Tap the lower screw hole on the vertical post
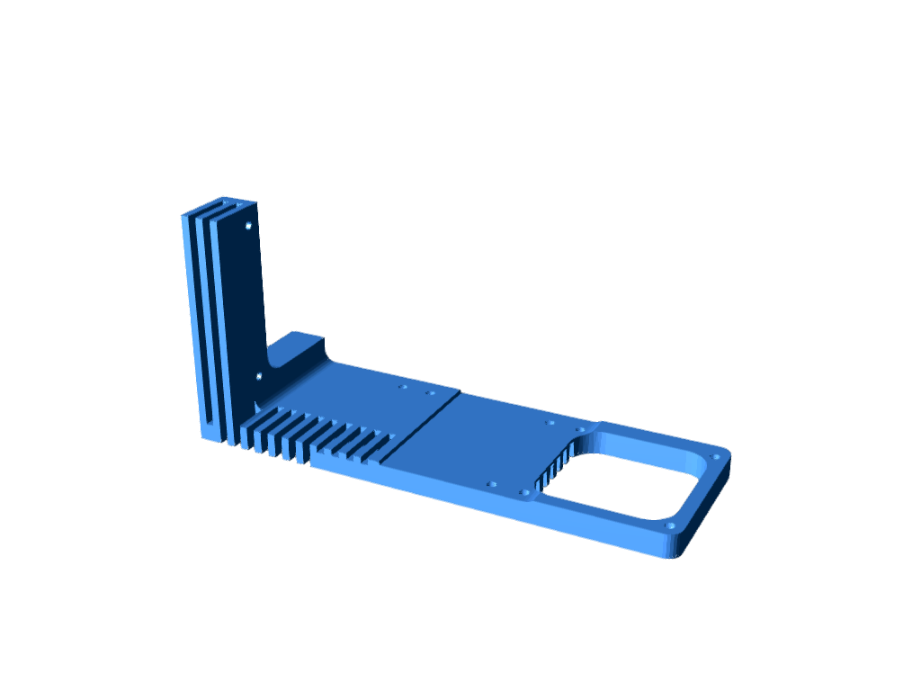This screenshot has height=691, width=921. [259, 375]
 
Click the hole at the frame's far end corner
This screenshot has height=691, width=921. [715, 457]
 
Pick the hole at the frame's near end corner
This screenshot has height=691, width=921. [669, 525]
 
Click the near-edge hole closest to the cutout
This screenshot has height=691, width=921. [524, 493]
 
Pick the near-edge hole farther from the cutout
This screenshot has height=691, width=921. [491, 484]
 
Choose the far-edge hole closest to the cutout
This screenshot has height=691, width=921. [579, 429]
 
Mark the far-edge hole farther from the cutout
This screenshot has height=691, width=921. [550, 422]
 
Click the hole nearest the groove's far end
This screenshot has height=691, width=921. [430, 392]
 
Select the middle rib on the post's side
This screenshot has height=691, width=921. [203, 324]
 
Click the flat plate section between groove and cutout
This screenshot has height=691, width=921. [486, 441]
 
